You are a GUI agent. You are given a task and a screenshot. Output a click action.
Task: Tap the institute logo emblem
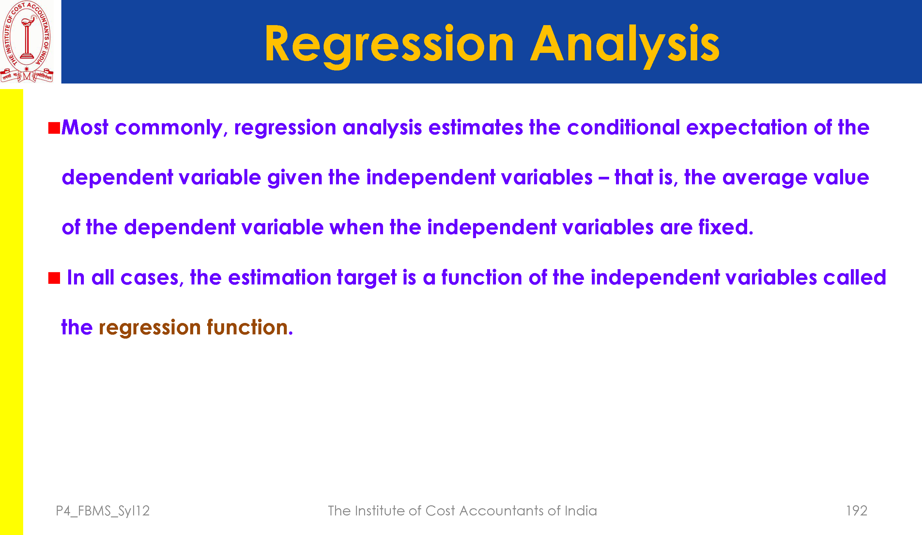[27, 41]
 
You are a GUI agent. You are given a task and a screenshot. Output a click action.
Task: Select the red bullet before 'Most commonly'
[54, 128]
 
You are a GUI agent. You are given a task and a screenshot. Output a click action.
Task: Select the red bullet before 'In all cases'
[54, 278]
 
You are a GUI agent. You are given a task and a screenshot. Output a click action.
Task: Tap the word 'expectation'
[747, 129]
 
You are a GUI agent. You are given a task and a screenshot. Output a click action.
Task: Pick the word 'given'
[295, 178]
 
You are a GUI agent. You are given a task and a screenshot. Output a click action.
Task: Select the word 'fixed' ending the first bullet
[726, 227]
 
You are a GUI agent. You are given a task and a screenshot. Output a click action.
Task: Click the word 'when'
[357, 227]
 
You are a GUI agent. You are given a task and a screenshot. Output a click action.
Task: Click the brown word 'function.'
[250, 327]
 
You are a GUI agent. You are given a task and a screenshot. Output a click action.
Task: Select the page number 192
[856, 511]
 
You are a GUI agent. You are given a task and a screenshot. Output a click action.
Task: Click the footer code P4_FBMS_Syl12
[103, 511]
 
